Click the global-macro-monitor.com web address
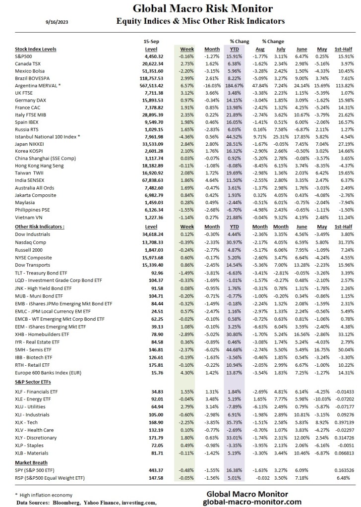pyautogui.click(x=253, y=502)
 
